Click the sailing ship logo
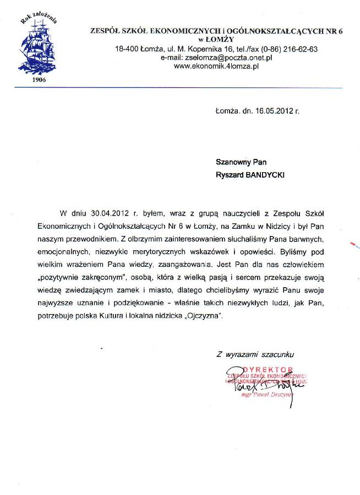[x=39, y=47]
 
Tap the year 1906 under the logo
[x=39, y=80]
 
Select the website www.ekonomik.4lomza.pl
[x=216, y=65]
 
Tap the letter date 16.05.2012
[x=273, y=111]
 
